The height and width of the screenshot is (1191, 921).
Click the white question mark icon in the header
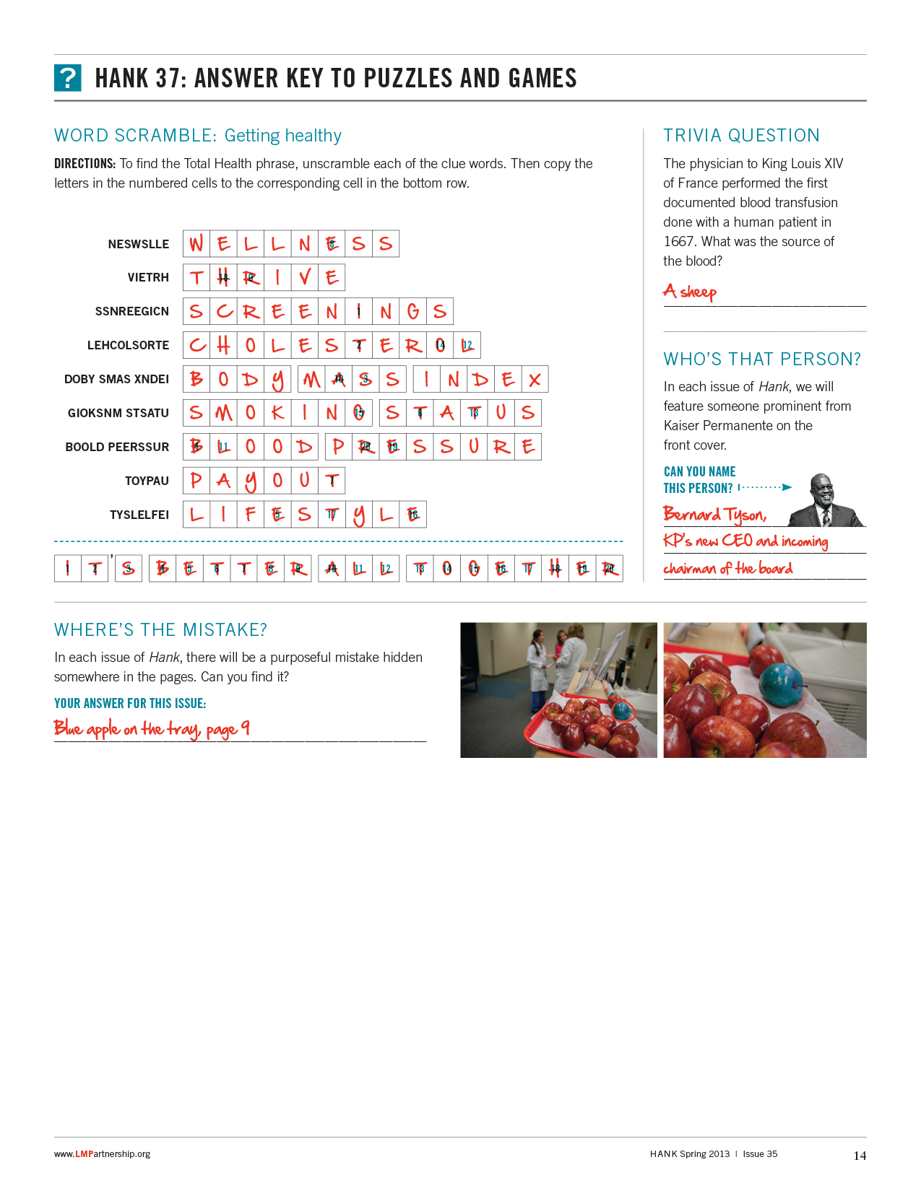pyautogui.click(x=68, y=78)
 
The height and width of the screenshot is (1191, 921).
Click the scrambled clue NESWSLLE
pyautogui.click(x=139, y=244)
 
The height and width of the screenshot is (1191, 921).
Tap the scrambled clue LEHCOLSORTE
pyautogui.click(x=128, y=345)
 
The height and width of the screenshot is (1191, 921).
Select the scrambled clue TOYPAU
pyautogui.click(x=147, y=481)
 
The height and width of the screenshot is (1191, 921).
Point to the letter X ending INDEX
pyautogui.click(x=535, y=380)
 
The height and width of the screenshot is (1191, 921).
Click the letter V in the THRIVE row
pyautogui.click(x=305, y=277)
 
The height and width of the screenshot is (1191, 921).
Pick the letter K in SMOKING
pyautogui.click(x=277, y=413)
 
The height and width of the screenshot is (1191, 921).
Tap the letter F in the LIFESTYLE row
pyautogui.click(x=251, y=515)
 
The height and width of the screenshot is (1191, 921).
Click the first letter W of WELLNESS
pyautogui.click(x=196, y=244)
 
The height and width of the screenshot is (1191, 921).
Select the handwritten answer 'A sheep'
pyautogui.click(x=690, y=292)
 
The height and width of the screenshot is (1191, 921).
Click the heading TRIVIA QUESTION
pyautogui.click(x=741, y=136)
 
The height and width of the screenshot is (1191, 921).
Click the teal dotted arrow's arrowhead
pyautogui.click(x=787, y=487)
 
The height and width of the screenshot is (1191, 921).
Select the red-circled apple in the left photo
pyautogui.click(x=623, y=711)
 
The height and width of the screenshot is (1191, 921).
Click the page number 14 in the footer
pyautogui.click(x=860, y=1156)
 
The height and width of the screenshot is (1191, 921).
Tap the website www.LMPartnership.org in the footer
pyautogui.click(x=102, y=1153)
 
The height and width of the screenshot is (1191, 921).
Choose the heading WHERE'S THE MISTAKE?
pyautogui.click(x=160, y=630)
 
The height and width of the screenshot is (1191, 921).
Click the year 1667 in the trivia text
pyautogui.click(x=679, y=242)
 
